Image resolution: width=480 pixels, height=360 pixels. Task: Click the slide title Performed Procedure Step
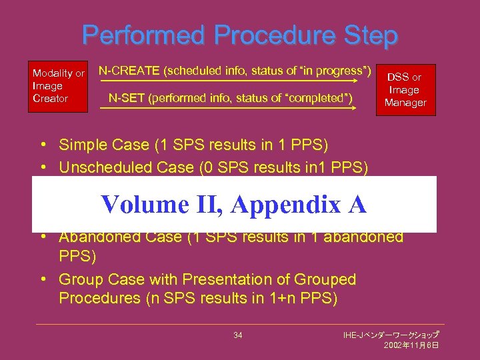(x=240, y=35)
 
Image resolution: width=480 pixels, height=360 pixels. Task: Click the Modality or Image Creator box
(x=59, y=86)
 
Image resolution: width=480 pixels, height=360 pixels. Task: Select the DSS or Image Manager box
(x=405, y=90)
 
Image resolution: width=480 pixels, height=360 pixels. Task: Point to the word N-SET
(x=126, y=99)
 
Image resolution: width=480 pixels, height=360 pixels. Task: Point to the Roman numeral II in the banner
(x=206, y=204)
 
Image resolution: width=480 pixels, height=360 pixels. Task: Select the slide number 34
(x=238, y=335)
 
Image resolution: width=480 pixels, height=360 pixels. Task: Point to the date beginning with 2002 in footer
(x=411, y=345)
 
